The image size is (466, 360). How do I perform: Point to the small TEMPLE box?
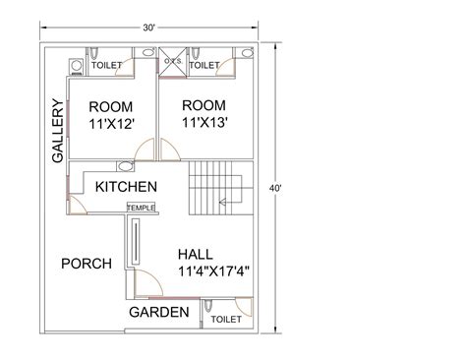pyautogui.click(x=141, y=208)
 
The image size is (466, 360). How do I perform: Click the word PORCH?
pyautogui.click(x=87, y=264)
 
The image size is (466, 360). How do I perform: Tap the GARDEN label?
pyautogui.click(x=158, y=313)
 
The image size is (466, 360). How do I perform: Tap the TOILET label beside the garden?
pyautogui.click(x=226, y=319)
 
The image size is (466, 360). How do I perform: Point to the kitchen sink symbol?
pyautogui.click(x=123, y=166)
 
